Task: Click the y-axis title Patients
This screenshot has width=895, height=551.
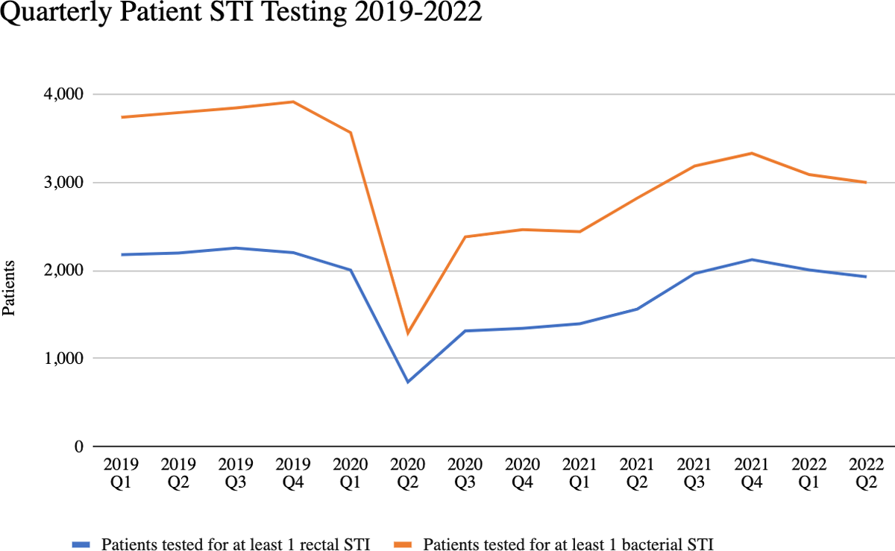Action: click(x=10, y=288)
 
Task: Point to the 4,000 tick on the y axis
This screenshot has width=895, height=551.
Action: click(x=65, y=95)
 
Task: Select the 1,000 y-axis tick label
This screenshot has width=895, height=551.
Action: click(x=65, y=359)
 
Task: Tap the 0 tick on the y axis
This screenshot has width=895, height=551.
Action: click(x=77, y=447)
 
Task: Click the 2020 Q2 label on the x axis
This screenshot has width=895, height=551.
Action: click(x=407, y=473)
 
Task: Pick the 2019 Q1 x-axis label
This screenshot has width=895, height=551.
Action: click(x=120, y=473)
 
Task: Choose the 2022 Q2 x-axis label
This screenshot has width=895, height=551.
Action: click(x=866, y=473)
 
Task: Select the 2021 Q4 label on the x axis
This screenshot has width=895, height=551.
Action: click(x=751, y=473)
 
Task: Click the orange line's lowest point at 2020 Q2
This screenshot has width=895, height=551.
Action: click(x=407, y=333)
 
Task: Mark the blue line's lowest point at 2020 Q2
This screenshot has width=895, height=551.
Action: click(x=407, y=382)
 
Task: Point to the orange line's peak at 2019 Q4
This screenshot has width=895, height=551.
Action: click(x=292, y=101)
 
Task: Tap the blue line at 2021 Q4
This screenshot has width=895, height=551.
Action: click(x=751, y=259)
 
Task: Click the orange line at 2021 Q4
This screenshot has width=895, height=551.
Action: click(x=751, y=153)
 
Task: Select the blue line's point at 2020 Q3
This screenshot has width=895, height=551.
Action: click(x=465, y=331)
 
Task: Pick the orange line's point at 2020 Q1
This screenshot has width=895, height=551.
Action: click(x=350, y=133)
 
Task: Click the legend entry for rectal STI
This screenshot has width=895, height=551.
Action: click(x=235, y=544)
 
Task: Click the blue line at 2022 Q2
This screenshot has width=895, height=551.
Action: click(x=866, y=277)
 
